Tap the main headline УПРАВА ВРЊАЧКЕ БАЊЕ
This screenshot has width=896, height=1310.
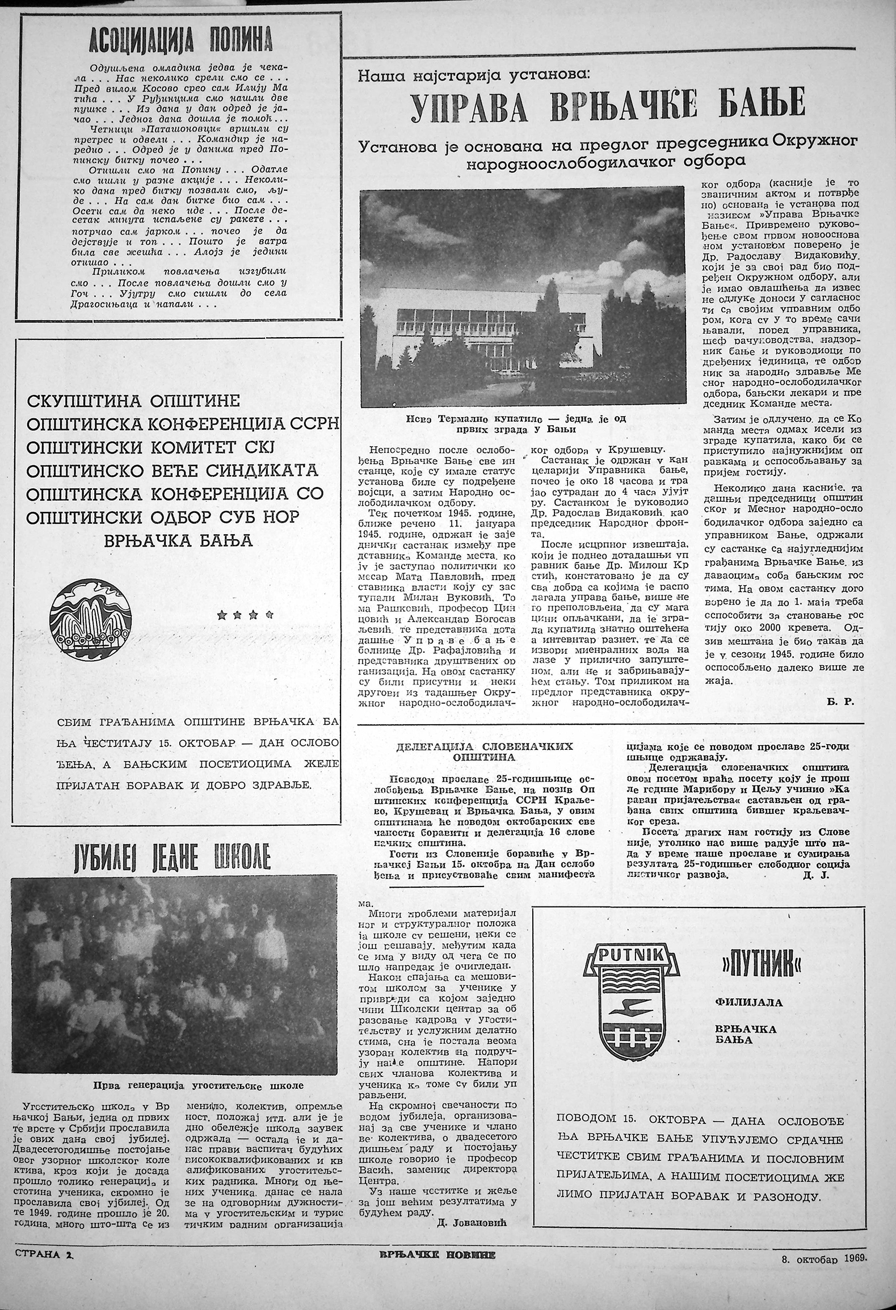click(607, 104)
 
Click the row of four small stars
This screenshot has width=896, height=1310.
click(246, 614)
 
